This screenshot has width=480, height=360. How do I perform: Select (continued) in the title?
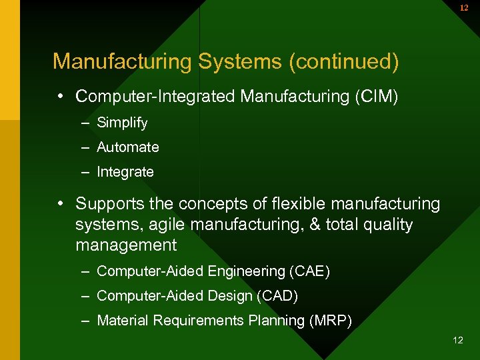[344, 61]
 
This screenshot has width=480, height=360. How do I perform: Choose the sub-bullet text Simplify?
[122, 123]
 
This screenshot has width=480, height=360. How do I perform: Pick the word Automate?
[128, 147]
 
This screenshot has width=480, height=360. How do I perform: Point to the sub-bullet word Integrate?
[125, 172]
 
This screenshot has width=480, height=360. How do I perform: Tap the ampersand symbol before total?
[315, 225]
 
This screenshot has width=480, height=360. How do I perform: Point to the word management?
[126, 246]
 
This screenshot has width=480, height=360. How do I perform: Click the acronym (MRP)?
[330, 321]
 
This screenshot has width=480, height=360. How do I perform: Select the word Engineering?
[247, 271]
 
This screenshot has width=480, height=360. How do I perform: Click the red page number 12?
[464, 8]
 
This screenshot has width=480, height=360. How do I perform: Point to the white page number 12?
[457, 341]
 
